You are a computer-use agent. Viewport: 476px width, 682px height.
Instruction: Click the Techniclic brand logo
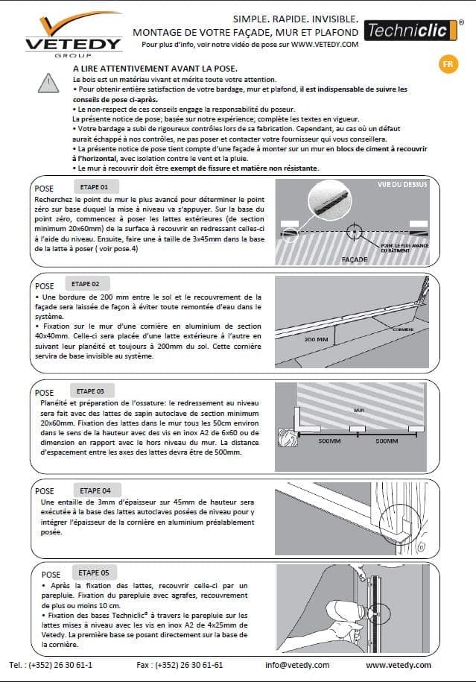point(411,31)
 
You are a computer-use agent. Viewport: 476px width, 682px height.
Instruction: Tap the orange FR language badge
point(448,63)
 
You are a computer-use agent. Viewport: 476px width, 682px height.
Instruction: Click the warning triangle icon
point(50,81)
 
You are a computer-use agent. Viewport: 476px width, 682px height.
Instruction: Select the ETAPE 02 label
point(91,284)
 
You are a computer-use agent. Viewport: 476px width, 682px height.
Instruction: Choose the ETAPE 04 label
point(95,490)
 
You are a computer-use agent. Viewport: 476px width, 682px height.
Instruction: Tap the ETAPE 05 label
point(93,572)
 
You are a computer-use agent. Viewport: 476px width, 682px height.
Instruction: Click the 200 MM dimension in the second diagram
point(317,339)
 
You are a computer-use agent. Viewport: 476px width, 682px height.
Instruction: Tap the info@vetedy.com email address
point(297,665)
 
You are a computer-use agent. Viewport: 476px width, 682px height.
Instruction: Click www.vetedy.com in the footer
point(398,665)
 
